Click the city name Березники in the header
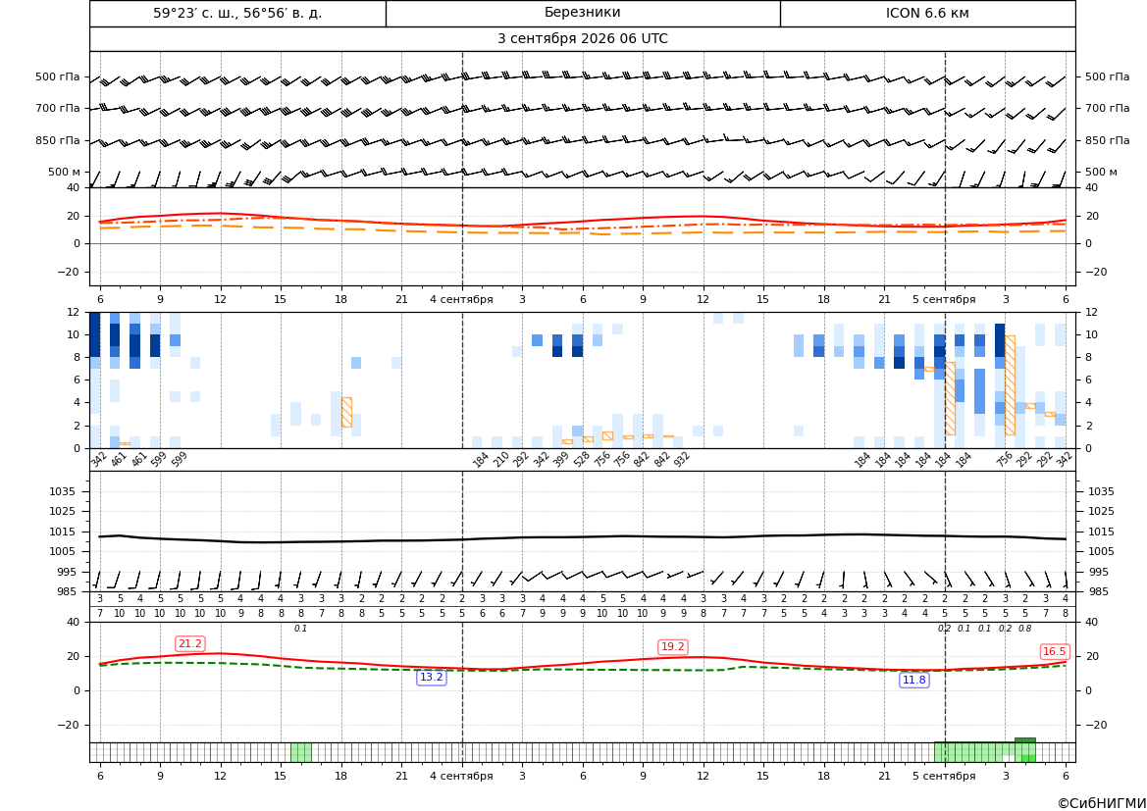coord(582,13)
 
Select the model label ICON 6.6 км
coord(927,13)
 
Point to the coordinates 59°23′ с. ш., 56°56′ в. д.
coord(237,13)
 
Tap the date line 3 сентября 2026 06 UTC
coord(582,39)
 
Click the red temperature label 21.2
coord(190,643)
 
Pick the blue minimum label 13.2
coord(431,678)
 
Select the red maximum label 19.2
coord(672,646)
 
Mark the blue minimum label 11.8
coord(913,681)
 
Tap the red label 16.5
coord(1054,651)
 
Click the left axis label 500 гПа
coord(58,76)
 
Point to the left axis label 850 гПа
coord(58,140)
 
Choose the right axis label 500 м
coord(1101,172)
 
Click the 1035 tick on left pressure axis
coord(70,491)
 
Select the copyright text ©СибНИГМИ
coord(1102,803)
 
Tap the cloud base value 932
coord(681,459)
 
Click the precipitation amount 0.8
coord(1024,629)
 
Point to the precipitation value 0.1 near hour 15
coord(300,629)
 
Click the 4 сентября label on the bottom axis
coord(461,776)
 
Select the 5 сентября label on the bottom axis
coord(944,776)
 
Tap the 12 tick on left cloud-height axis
coord(74,312)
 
